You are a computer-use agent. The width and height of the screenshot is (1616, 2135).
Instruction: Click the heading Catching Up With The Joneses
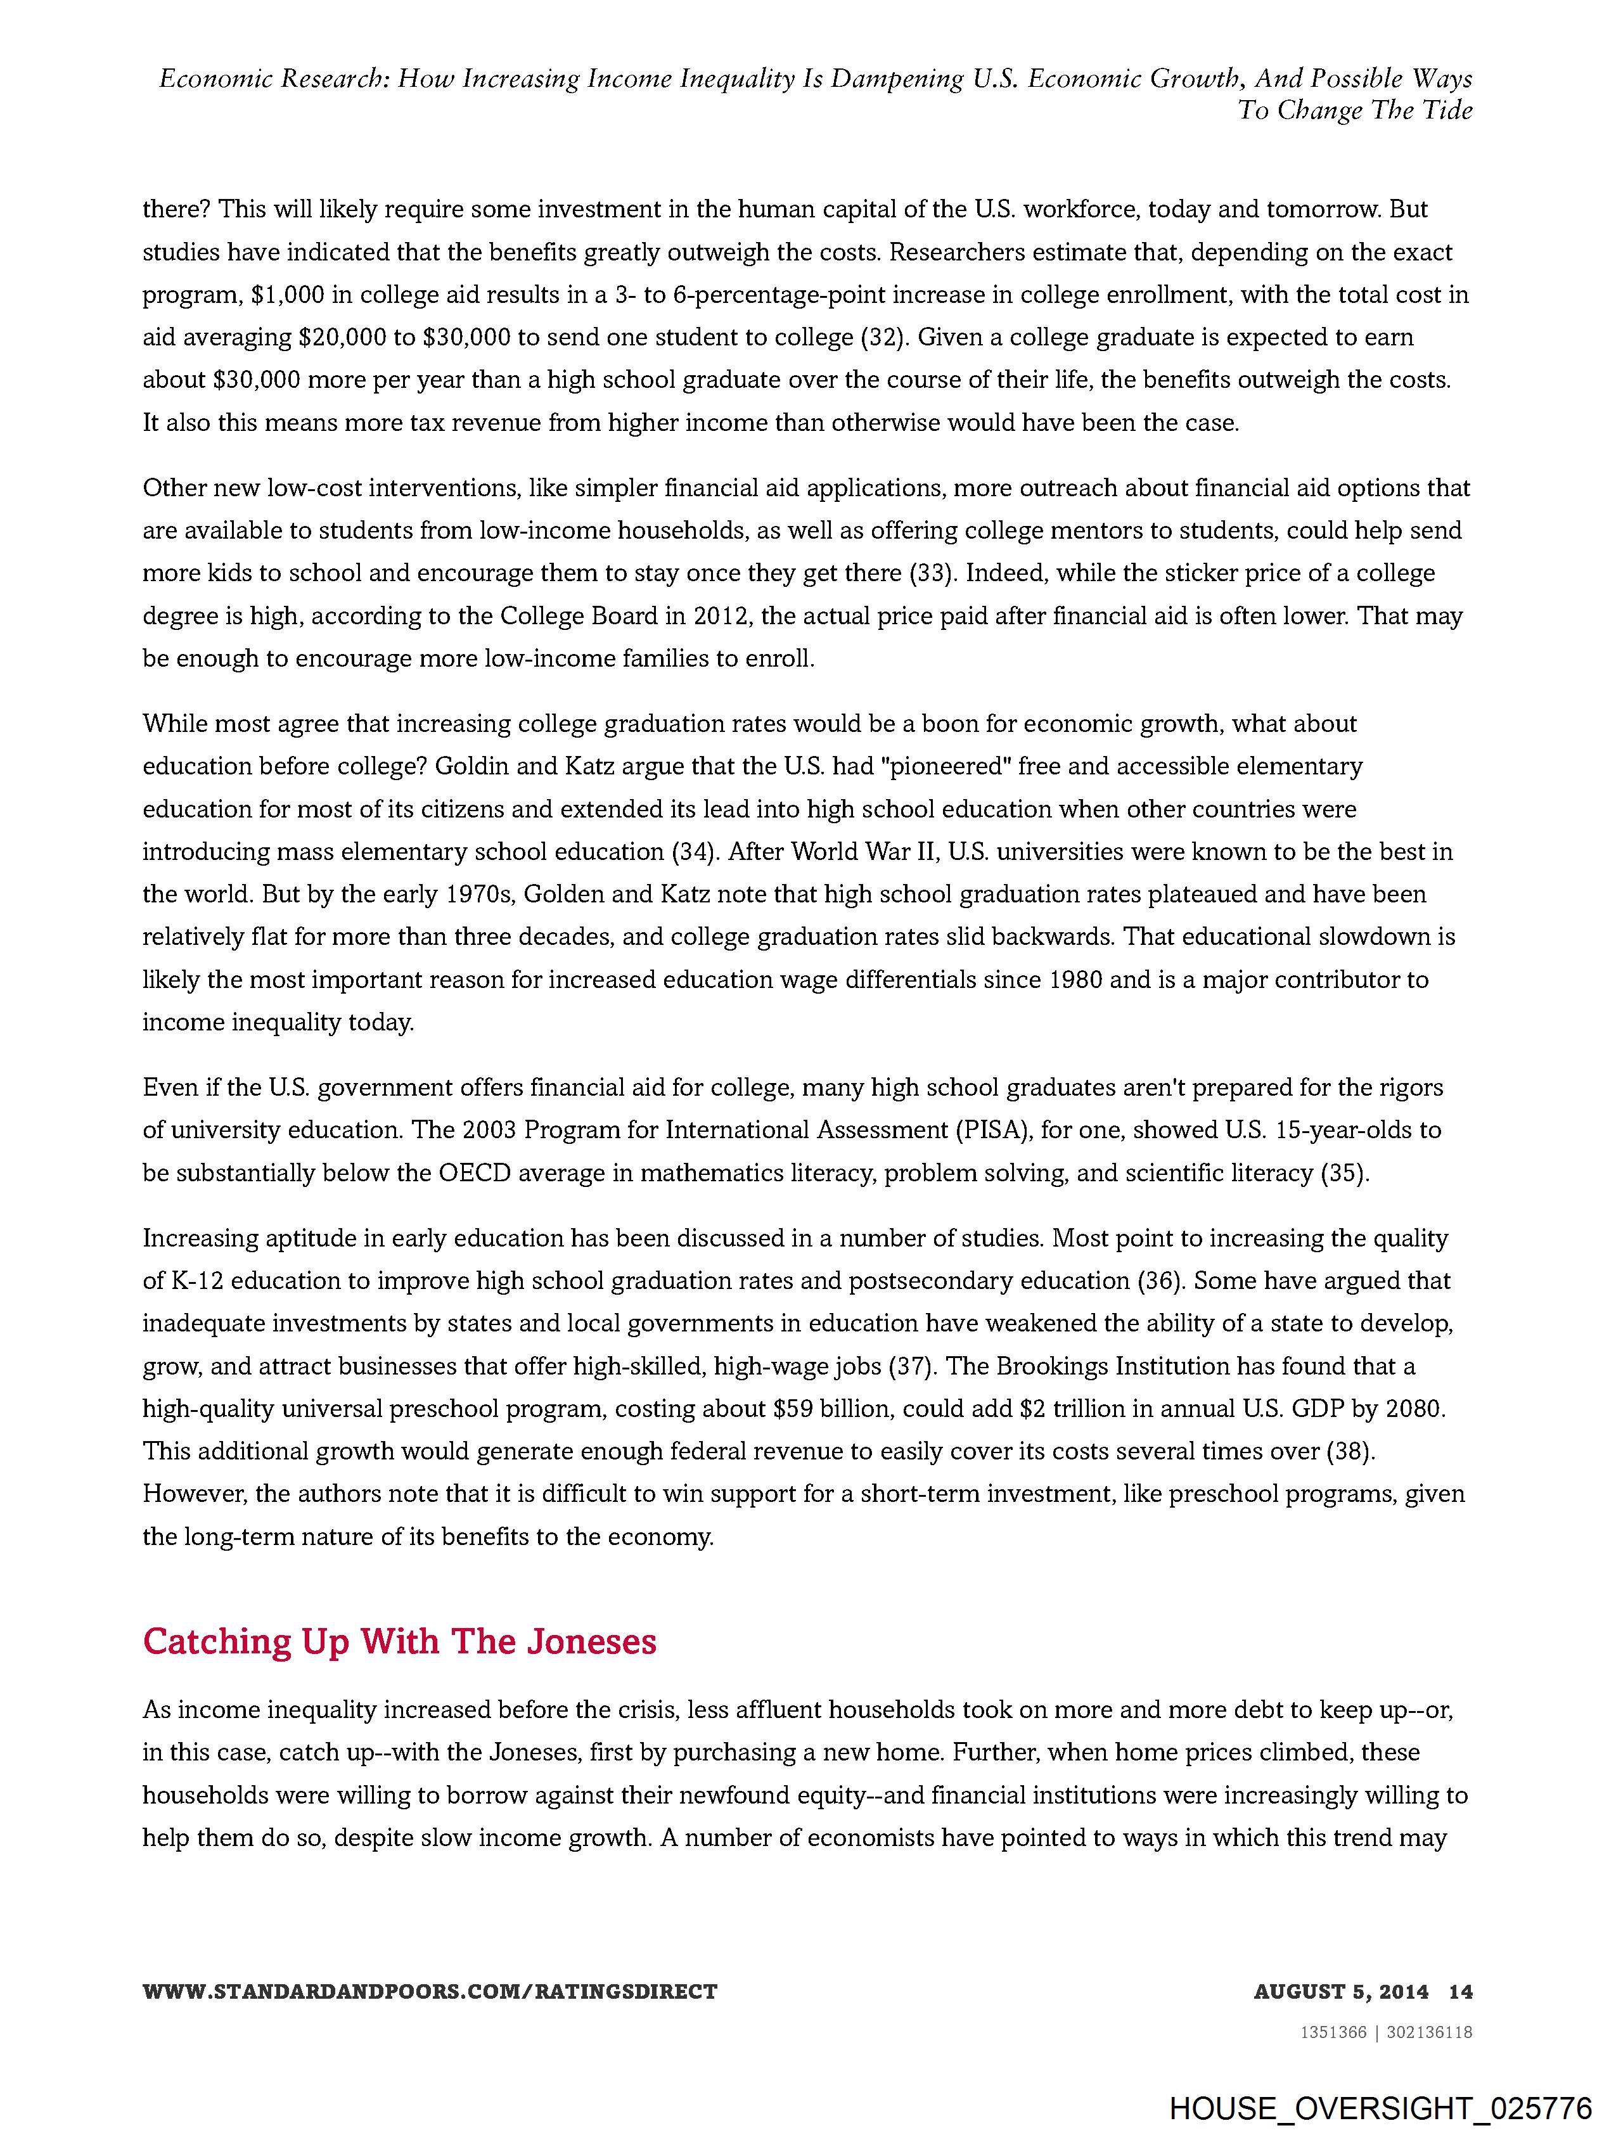coord(400,1641)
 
